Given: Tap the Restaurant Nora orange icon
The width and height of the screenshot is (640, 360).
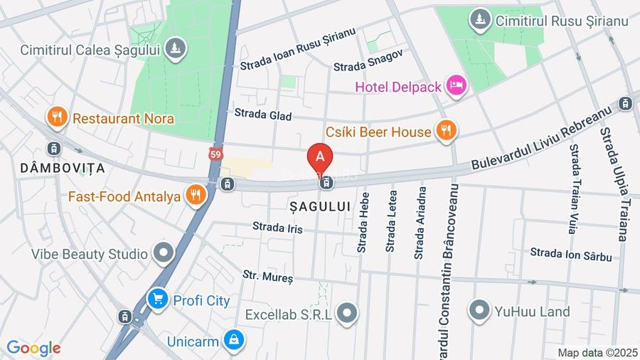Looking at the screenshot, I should (57, 117).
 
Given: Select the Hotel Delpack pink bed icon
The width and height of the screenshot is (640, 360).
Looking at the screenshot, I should (456, 86).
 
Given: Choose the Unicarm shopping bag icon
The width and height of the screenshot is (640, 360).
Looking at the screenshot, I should (233, 341).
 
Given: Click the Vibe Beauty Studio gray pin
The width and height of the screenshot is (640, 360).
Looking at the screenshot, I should (164, 253).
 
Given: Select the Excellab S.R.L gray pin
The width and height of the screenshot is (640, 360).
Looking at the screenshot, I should (346, 313).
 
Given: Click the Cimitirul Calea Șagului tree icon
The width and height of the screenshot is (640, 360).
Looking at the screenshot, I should (175, 49).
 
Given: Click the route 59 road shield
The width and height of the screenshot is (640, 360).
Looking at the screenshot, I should (215, 154).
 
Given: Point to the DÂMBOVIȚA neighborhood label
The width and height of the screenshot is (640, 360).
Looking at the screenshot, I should (63, 169).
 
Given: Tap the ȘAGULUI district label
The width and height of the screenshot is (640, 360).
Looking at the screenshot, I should (320, 206).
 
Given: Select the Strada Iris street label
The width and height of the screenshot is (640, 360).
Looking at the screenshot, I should (277, 228).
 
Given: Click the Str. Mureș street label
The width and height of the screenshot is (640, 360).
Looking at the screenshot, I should (267, 276).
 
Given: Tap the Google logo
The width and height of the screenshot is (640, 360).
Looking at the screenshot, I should (33, 349).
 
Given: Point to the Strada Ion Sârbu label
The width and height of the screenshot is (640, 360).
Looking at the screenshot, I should (570, 254).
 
